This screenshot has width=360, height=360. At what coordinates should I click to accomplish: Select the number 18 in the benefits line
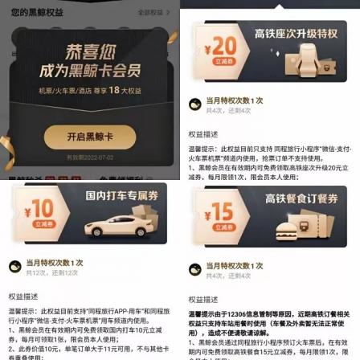[113, 90]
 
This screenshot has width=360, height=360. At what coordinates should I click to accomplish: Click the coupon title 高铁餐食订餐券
[302, 198]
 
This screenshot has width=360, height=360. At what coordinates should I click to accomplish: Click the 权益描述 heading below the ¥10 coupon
[18, 296]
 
